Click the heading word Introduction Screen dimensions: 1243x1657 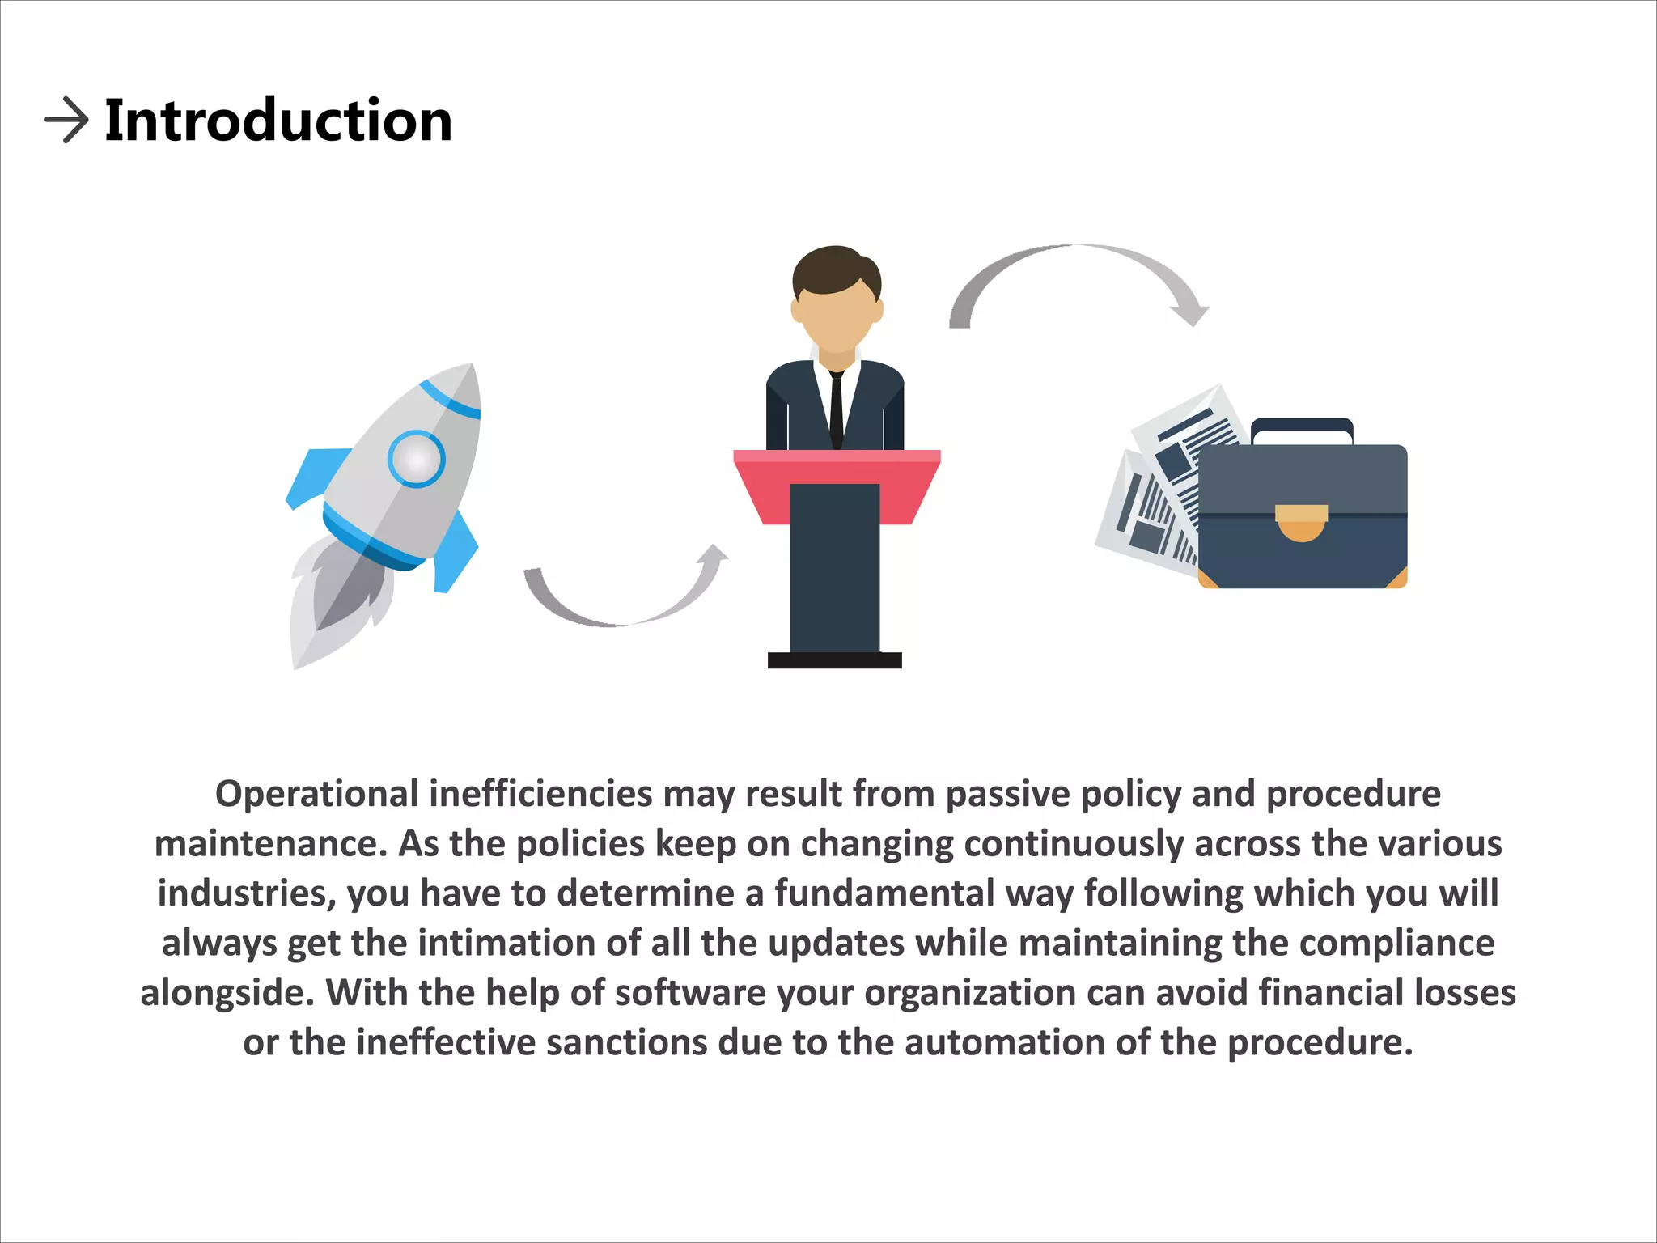[x=278, y=121]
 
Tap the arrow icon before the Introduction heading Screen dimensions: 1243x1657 [x=66, y=121]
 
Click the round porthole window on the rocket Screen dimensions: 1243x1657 [x=416, y=459]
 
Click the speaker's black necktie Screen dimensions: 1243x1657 [x=837, y=409]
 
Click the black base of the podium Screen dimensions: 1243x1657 [x=834, y=660]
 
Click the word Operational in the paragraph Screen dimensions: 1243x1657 [x=316, y=794]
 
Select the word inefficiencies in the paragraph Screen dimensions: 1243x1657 [x=540, y=794]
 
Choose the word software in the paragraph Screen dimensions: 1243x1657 [x=690, y=993]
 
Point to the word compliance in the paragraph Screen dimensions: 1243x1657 [x=1396, y=944]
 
